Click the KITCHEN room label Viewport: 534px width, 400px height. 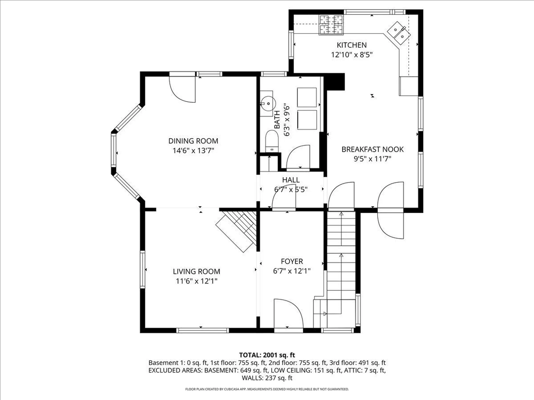coord(352,45)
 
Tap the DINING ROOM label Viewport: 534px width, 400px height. coord(193,141)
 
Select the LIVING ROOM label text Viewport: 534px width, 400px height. coord(196,271)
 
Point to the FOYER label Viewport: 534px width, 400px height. coord(292,261)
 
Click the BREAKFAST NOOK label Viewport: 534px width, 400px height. coord(372,149)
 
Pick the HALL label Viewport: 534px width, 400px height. coord(291,180)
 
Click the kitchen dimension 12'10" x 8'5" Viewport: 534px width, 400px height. coord(352,55)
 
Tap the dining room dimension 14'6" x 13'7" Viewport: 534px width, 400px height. coord(193,151)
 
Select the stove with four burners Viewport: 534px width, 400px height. coord(331,25)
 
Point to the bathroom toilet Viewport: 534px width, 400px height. coord(272,141)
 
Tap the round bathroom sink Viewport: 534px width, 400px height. coord(268,104)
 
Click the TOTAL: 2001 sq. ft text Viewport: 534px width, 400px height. coord(267,355)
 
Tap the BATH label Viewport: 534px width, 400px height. coord(277,120)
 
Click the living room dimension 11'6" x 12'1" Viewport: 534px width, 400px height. coord(196,281)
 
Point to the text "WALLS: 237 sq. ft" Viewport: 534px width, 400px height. coord(267,378)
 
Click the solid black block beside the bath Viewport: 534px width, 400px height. coord(335,82)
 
